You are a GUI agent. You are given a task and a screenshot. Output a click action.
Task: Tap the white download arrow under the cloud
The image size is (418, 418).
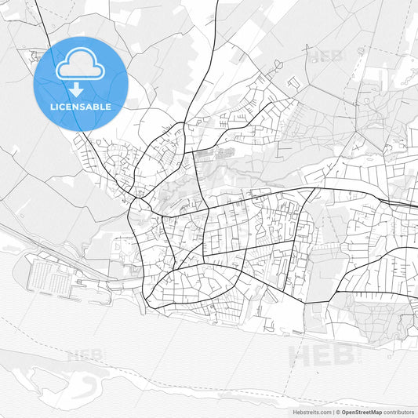(80, 88)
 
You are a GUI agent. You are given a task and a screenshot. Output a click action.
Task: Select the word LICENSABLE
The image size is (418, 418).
(80, 106)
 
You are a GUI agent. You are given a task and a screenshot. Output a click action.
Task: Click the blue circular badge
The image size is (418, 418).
(80, 83)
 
